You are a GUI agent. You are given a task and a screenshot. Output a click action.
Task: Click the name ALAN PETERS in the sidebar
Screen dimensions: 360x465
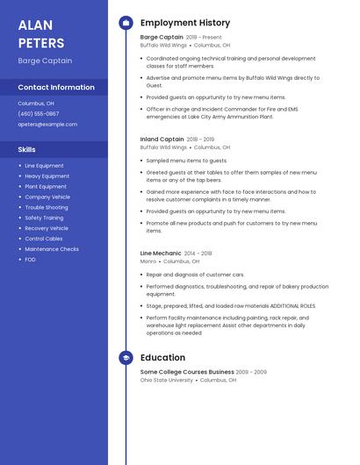41,33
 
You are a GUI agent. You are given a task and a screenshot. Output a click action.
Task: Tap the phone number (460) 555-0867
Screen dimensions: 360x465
39,114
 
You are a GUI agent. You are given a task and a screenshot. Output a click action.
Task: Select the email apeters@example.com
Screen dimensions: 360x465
47,125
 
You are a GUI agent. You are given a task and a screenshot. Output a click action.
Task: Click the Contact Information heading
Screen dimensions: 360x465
56,88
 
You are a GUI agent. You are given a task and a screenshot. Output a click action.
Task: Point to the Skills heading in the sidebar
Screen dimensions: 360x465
26,149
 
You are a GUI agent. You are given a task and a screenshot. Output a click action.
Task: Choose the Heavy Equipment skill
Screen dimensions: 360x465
47,176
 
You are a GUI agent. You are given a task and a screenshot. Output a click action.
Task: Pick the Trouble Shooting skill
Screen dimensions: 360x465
46,208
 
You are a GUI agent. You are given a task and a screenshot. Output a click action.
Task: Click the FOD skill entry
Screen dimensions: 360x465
30,260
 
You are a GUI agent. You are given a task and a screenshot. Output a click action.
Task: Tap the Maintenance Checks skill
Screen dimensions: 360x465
52,249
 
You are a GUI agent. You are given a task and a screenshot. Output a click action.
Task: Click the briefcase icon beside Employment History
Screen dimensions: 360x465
126,23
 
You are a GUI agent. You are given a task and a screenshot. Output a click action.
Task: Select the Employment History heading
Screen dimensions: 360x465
185,23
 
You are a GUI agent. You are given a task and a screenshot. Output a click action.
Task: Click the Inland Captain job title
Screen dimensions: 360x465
162,139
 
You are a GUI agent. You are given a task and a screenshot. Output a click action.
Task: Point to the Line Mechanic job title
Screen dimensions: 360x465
161,254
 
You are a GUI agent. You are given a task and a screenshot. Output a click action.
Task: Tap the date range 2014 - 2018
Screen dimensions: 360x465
198,254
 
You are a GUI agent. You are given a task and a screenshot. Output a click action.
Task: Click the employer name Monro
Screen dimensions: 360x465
148,261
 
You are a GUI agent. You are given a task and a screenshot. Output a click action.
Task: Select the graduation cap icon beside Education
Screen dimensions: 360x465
126,358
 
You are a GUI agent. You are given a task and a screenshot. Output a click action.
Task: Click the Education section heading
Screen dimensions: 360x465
162,358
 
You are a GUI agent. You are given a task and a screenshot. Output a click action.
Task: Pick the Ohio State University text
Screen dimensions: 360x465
167,380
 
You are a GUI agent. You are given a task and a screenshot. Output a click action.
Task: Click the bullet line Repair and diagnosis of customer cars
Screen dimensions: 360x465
195,275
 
